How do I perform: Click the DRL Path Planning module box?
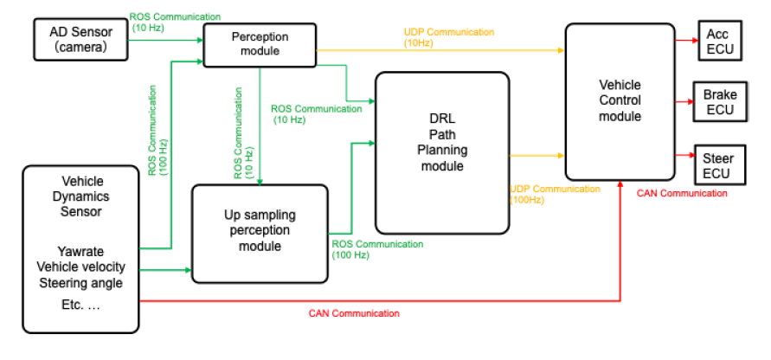pos(441,152)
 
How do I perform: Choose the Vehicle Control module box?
pos(620,100)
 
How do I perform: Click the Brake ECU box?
pos(718,101)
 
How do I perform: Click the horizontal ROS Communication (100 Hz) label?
pos(377,249)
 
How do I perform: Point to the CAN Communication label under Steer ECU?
pos(682,193)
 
